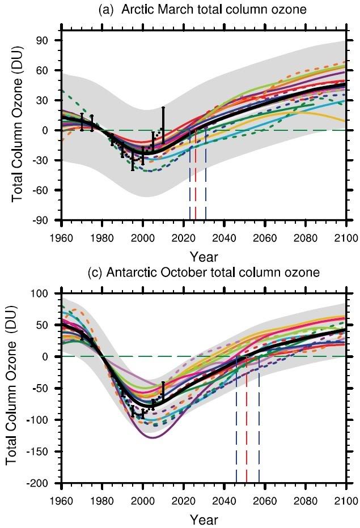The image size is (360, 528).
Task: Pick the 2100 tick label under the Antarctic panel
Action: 345,500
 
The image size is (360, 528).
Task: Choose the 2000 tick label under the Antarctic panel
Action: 143,500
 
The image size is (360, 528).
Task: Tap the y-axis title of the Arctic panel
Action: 18,129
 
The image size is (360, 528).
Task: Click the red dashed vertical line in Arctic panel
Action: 196,181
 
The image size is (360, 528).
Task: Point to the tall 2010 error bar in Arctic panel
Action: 163,125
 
